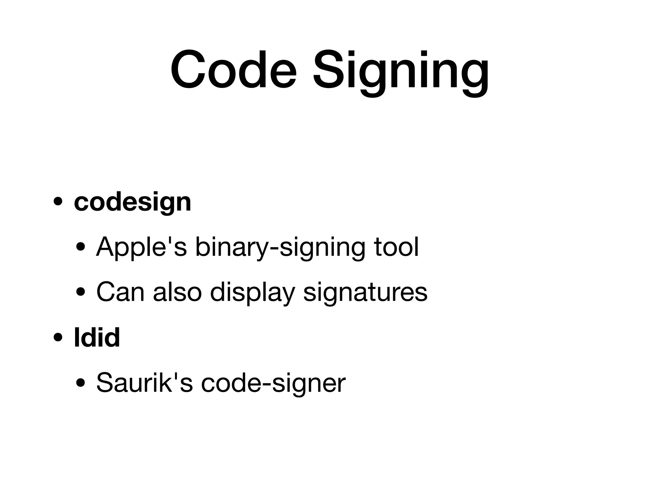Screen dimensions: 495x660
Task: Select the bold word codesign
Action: tap(132, 203)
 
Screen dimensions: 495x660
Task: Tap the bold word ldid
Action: tap(97, 337)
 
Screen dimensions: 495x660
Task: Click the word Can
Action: tap(120, 292)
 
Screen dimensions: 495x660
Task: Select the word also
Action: tap(177, 292)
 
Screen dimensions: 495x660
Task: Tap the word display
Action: tap(252, 293)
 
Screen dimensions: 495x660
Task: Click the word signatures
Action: tap(365, 293)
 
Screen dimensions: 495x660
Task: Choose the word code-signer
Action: tap(273, 383)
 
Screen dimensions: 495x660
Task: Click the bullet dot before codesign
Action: tap(58, 203)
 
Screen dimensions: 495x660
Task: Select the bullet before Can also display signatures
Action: tap(81, 293)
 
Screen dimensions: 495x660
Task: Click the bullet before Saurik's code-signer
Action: tap(81, 383)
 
